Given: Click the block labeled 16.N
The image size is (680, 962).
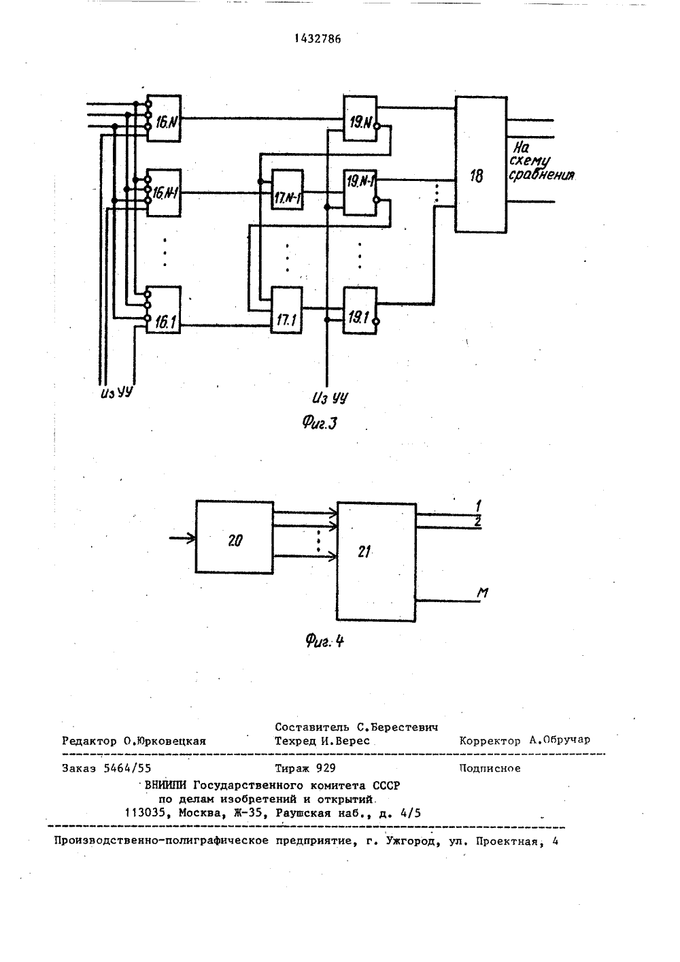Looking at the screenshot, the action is [x=164, y=118].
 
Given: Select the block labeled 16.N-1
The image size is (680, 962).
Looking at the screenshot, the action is [x=164, y=193].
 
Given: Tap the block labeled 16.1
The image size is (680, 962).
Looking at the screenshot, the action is [x=164, y=310].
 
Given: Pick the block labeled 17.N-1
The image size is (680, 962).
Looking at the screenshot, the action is [x=287, y=189].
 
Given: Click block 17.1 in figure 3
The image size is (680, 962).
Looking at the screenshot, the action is [x=286, y=310].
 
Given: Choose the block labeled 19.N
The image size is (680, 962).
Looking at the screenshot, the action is [x=360, y=118].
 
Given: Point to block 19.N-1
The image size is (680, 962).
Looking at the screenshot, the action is [x=360, y=193].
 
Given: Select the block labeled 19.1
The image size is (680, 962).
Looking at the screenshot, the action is [x=360, y=310].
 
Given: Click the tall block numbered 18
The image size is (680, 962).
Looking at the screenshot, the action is [x=481, y=165].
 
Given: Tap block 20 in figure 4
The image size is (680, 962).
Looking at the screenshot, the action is [x=235, y=537].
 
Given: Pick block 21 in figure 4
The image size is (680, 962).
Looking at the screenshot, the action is [x=376, y=562].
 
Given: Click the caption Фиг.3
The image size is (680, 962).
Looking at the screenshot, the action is [x=320, y=423].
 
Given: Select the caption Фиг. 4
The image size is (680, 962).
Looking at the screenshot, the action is [x=324, y=641].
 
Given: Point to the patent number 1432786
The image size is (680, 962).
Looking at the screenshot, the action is [x=318, y=39].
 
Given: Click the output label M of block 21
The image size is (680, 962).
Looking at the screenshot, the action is [x=483, y=593].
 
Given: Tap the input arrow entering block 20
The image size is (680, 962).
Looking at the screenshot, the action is [x=182, y=538].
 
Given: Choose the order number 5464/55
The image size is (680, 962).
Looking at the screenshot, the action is [x=128, y=768].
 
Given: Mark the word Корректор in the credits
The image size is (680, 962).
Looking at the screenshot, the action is [x=490, y=740].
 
